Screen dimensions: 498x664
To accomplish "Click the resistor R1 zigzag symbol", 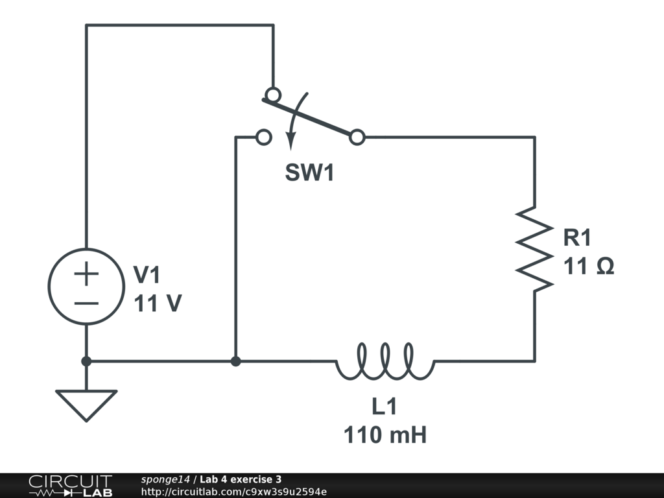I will pyautogui.click(x=534, y=248).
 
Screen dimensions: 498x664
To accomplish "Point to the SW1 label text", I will pyautogui.click(x=309, y=173).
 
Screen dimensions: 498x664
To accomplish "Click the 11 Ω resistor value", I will pyautogui.click(x=588, y=266).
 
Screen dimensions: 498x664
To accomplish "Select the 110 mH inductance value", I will pyautogui.click(x=385, y=434).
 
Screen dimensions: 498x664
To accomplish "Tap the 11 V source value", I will pyautogui.click(x=157, y=303).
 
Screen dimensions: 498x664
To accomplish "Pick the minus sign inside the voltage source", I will pyautogui.click(x=86, y=302).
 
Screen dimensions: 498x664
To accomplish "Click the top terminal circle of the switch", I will pyautogui.click(x=273, y=94).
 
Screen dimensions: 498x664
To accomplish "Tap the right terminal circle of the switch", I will pyautogui.click(x=357, y=137).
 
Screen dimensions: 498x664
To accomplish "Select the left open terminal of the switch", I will pyautogui.click(x=263, y=137).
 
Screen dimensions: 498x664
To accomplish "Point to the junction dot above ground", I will pyautogui.click(x=86, y=361).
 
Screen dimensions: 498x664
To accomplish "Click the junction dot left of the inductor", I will pyautogui.click(x=236, y=361).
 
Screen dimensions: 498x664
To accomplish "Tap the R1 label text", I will pyautogui.click(x=577, y=238).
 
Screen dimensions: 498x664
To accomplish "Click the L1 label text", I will pyautogui.click(x=384, y=407).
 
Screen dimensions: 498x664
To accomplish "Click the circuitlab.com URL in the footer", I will pyautogui.click(x=233, y=492).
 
